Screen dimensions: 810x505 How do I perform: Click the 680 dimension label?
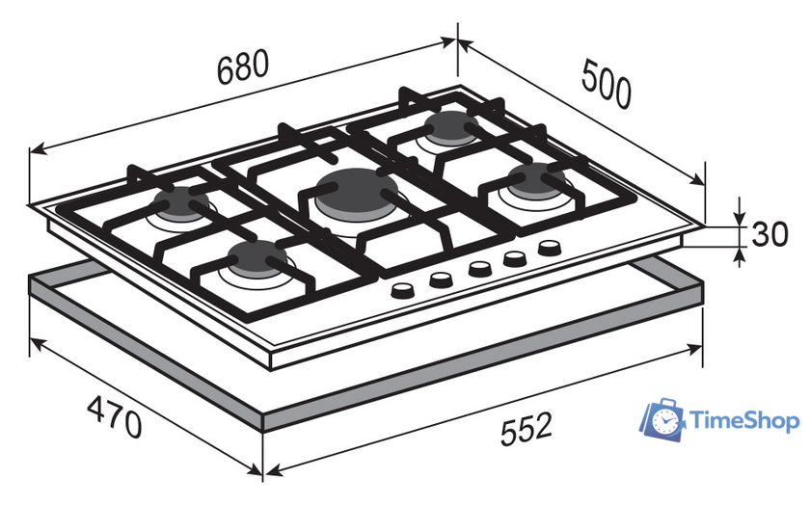(243, 67)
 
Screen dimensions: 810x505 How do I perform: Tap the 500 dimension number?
(606, 84)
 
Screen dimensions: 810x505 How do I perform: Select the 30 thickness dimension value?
(769, 234)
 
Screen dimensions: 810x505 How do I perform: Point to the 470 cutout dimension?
(114, 416)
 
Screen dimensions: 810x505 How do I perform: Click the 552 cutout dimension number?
(526, 428)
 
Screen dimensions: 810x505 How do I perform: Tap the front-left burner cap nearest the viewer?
(257, 257)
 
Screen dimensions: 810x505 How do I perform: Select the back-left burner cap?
(181, 201)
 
